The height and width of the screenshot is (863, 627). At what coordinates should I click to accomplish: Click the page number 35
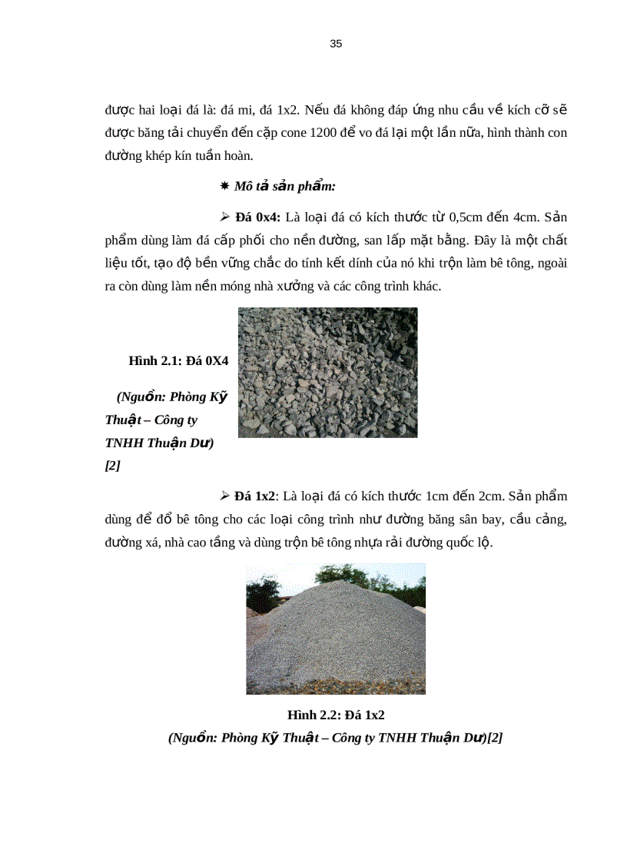point(336,44)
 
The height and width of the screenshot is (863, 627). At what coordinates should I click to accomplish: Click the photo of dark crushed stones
point(327,373)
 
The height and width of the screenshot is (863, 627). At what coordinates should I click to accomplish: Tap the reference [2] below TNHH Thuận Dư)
point(112,466)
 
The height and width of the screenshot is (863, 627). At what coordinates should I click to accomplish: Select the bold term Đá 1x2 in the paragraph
point(254,496)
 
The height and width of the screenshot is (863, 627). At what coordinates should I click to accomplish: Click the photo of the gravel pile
point(335,629)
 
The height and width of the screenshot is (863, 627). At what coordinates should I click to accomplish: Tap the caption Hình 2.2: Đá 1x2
point(335,715)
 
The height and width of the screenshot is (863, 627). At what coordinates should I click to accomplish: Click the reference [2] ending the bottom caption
point(495,738)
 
